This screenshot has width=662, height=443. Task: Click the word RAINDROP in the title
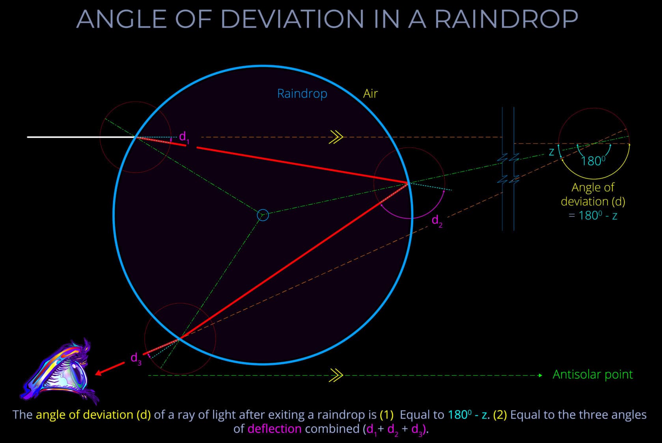tap(506, 19)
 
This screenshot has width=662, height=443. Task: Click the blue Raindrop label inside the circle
tap(302, 94)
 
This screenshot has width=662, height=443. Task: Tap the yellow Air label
tap(370, 93)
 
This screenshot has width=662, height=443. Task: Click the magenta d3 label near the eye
tap(136, 359)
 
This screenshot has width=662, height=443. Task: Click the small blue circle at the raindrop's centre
tap(263, 215)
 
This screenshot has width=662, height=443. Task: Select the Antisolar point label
tap(592, 374)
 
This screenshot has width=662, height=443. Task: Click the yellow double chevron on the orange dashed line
tap(336, 137)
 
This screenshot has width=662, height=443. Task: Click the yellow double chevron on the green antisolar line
tap(336, 376)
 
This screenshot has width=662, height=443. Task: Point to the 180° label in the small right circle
tap(593, 161)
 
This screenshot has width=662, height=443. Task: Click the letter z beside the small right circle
tap(552, 152)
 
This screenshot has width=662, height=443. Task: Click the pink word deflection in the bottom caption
tap(274, 429)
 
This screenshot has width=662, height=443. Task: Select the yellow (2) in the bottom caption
tap(500, 415)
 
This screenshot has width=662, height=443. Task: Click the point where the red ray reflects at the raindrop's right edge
tap(408, 183)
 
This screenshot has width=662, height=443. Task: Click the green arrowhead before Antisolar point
tap(541, 376)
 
